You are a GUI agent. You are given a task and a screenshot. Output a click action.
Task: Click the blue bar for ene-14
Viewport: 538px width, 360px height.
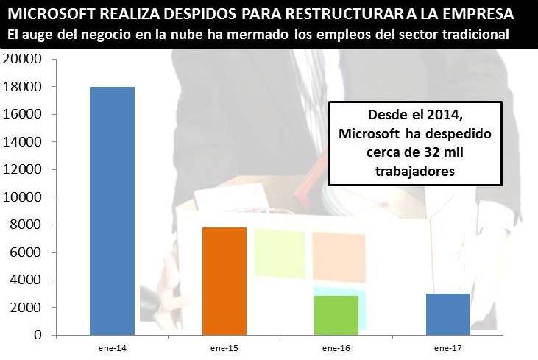(x=112, y=211)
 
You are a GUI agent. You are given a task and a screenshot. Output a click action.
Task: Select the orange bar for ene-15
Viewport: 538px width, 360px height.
(x=224, y=280)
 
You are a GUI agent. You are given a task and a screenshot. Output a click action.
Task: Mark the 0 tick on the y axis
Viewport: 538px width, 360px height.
(x=35, y=335)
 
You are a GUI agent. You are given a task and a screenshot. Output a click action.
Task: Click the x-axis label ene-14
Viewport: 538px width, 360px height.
(x=112, y=347)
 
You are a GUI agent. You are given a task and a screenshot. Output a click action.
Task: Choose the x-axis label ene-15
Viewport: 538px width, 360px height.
(x=224, y=347)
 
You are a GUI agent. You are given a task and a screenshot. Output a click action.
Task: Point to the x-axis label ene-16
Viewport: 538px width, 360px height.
(x=336, y=347)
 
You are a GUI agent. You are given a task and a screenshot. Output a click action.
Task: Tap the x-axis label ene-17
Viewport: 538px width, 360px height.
(x=448, y=347)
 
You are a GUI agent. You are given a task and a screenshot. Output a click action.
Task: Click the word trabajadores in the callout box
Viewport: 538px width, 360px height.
(x=415, y=170)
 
